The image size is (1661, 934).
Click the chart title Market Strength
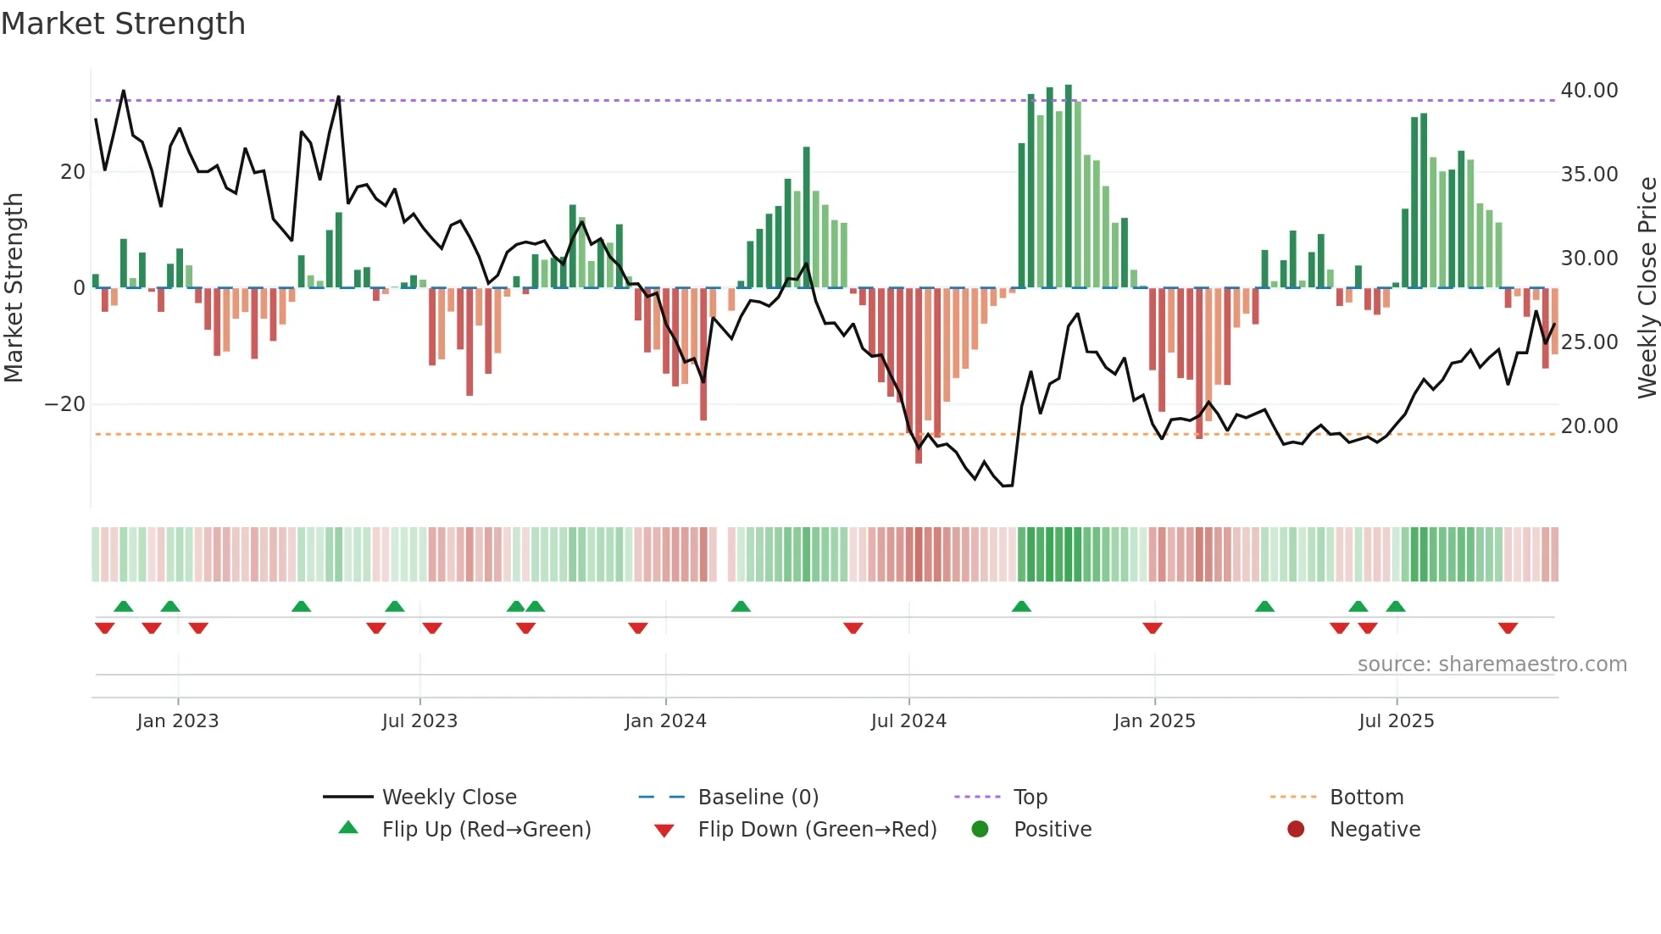[x=123, y=24]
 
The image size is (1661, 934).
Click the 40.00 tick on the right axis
[x=1589, y=91]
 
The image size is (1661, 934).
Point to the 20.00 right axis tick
[x=1589, y=426]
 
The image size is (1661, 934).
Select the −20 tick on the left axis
[x=65, y=404]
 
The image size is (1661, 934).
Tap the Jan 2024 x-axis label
[x=665, y=721]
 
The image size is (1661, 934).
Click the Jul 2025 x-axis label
[x=1396, y=721]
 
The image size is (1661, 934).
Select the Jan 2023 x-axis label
[x=177, y=721]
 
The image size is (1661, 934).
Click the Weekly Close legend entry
[x=448, y=798]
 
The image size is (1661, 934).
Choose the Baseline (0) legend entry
[x=758, y=798]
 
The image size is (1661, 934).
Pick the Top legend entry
[x=1030, y=798]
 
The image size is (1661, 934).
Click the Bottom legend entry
[x=1366, y=798]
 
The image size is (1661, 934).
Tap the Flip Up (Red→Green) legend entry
[x=486, y=830]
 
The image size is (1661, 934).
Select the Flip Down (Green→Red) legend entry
[x=817, y=830]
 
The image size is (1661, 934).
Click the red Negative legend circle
[x=1296, y=830]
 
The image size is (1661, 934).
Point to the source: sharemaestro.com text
[x=1492, y=664]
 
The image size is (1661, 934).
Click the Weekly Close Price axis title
[x=1647, y=288]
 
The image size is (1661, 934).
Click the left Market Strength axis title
[x=14, y=288]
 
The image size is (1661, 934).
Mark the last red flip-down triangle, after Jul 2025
[x=1508, y=628]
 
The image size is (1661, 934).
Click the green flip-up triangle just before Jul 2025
[x=1358, y=606]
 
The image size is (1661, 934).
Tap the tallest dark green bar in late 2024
[x=1069, y=186]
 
